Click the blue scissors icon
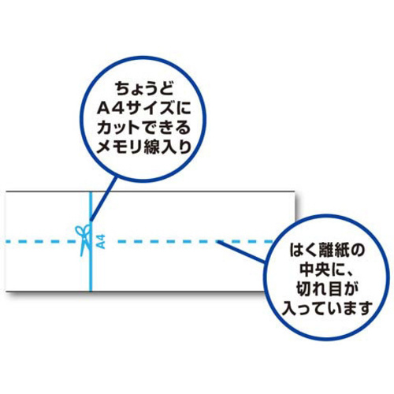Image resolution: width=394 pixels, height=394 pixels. (84, 240)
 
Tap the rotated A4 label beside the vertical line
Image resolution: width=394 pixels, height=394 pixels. (101, 242)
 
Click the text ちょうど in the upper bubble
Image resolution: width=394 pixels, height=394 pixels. (144, 89)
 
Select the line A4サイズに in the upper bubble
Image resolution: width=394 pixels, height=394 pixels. (144, 108)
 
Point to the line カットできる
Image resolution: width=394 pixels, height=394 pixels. (144, 128)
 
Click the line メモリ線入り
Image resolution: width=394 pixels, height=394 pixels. (144, 147)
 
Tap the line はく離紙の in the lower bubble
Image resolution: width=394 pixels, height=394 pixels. (327, 251)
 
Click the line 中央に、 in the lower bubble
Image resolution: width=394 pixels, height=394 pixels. (327, 269)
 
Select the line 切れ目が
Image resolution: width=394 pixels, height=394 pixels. (327, 289)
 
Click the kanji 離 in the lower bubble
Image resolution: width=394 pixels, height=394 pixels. (327, 251)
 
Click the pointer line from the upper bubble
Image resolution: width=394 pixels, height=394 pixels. (103, 199)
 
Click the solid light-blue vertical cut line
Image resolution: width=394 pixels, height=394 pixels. (91, 242)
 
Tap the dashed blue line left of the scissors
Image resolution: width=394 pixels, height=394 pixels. (41, 241)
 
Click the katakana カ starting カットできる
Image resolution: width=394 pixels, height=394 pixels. (105, 128)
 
